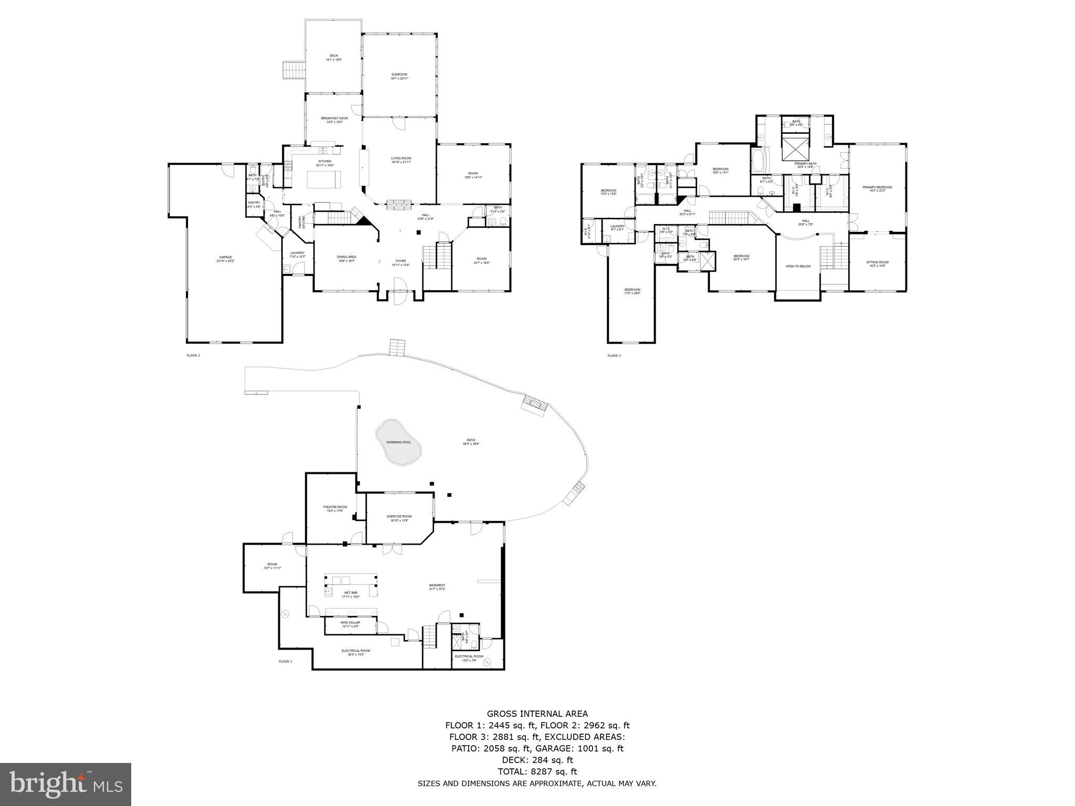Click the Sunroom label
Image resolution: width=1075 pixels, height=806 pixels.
pos(399,76)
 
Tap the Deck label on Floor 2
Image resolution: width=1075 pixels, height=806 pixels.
pos(333,57)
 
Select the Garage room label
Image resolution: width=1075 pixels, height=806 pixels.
pos(225,259)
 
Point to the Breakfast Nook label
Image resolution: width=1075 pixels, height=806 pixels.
pos(334,120)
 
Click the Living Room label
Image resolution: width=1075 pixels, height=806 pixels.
pos(401,160)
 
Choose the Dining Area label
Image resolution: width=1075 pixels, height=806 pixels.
pos(346,259)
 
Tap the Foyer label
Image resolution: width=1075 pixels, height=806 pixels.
pos(401,262)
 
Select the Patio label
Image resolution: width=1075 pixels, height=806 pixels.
pos(471,441)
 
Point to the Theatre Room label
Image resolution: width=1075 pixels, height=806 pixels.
pos(334,508)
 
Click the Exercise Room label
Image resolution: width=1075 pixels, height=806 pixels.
pos(399,518)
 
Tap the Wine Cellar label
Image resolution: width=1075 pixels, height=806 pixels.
pos(350,624)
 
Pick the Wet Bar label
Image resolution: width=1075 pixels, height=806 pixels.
pos(350,595)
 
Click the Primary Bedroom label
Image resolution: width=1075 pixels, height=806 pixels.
pos(877,188)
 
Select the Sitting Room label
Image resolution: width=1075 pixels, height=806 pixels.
pos(877,264)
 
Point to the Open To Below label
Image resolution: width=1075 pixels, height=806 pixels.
pos(797,266)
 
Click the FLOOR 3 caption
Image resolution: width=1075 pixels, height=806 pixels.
pos(614,356)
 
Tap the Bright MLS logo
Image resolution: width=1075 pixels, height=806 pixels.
pos(66,784)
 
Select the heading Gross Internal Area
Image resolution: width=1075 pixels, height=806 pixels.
pos(537,714)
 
